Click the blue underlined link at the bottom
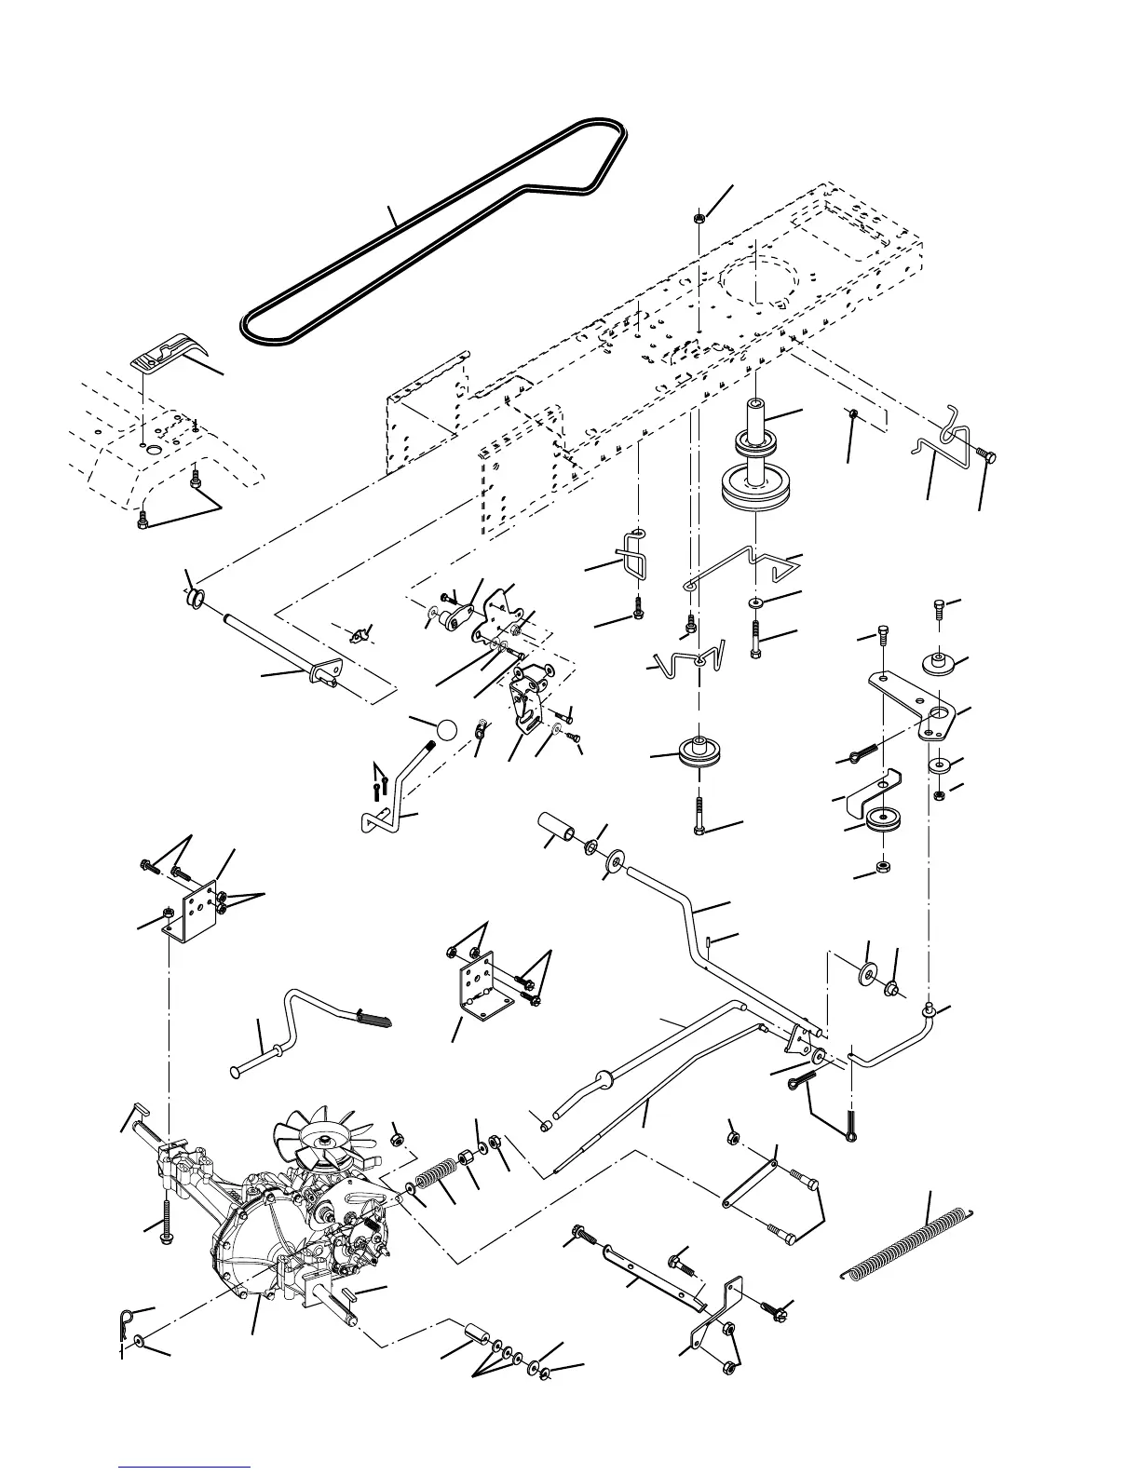(185, 1468)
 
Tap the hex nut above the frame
(698, 219)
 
